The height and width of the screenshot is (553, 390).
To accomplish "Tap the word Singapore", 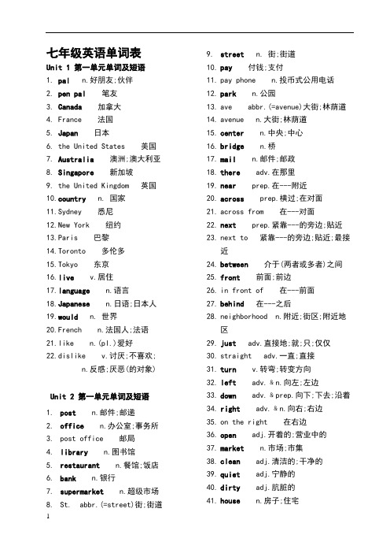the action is (x=77, y=172).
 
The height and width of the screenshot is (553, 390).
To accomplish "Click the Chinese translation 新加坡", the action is (x=121, y=172).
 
